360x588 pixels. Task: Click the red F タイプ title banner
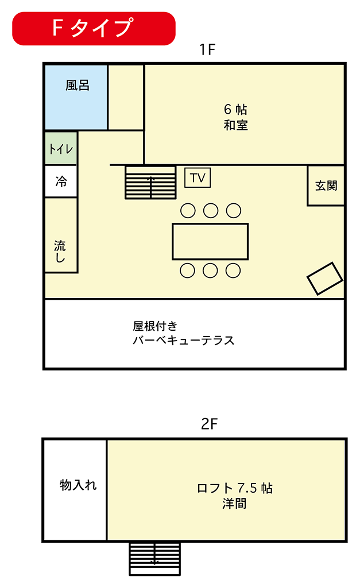coord(94,29)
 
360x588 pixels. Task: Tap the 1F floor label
coord(207,49)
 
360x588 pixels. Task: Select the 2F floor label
coord(209,424)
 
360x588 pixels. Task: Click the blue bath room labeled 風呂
coord(76,97)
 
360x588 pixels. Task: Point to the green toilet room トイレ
coord(61,148)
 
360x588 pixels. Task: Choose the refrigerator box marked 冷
coord(61,181)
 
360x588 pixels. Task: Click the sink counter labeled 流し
coord(61,235)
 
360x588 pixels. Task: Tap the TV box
coord(198,178)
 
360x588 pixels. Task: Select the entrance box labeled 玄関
coord(326,185)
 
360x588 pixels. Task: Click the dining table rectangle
coord(210,242)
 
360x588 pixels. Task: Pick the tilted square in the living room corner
coord(325,278)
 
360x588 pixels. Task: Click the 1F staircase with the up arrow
coord(150,182)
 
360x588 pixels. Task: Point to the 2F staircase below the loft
coord(155,559)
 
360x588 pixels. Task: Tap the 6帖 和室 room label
coord(235,117)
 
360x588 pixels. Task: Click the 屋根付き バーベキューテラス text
coord(183,333)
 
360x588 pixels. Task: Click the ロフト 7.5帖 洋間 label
coord(235,496)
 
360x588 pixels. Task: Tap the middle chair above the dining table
coord(211,211)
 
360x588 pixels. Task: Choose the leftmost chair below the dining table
coord(188,270)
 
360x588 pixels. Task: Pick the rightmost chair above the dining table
coord(234,211)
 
